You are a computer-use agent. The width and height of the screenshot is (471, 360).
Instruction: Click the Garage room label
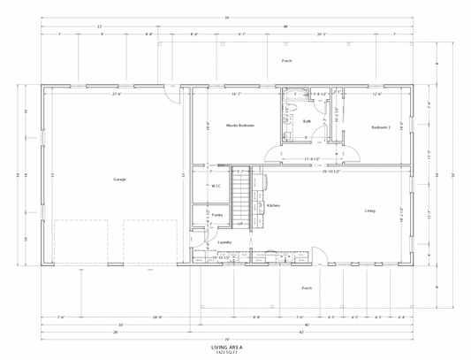[x=119, y=180]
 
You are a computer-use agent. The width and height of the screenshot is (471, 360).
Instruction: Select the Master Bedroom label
[x=239, y=126]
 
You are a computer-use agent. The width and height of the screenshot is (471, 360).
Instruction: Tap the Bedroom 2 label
[x=381, y=126]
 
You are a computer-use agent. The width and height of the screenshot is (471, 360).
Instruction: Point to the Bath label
[x=307, y=121]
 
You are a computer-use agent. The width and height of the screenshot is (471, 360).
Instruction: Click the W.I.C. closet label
[x=216, y=186]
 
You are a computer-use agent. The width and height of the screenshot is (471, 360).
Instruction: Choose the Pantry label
[x=217, y=215]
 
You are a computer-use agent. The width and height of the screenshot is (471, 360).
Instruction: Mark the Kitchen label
[x=273, y=205]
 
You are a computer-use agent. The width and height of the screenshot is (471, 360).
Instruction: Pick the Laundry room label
[x=224, y=241]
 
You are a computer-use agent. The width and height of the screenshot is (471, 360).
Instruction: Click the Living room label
[x=369, y=211]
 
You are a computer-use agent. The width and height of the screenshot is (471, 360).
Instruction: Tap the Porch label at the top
[x=286, y=61]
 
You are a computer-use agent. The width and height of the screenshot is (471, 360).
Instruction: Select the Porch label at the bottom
[x=307, y=287]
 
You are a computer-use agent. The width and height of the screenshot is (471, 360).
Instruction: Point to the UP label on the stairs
[x=239, y=224]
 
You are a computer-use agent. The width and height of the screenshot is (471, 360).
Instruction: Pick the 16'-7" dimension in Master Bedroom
[x=236, y=95]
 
